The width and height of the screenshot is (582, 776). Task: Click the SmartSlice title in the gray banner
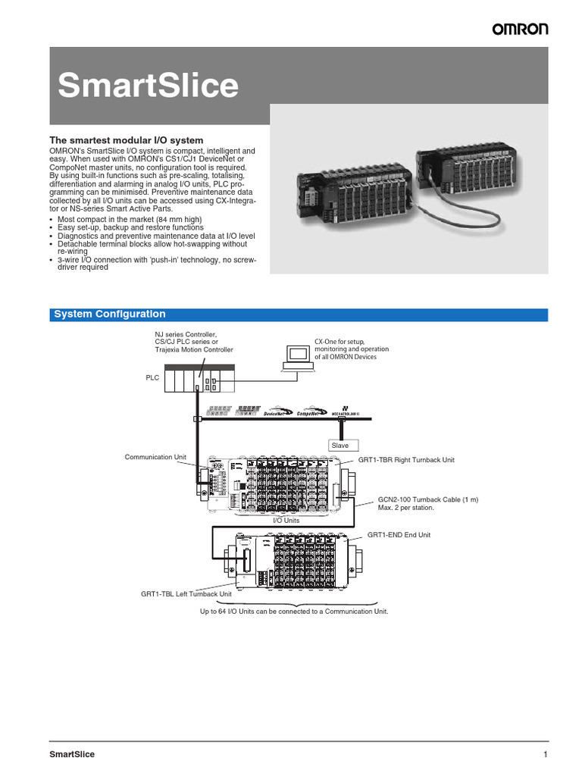click(x=149, y=86)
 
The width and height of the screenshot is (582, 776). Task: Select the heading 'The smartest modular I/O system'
click(x=127, y=140)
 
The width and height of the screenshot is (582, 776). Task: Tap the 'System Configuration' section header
click(x=110, y=314)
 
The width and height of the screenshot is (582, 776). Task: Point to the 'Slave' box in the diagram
click(x=339, y=446)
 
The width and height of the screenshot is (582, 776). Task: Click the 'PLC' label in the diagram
click(x=153, y=377)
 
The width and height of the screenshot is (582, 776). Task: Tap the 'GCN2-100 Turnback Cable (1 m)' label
click(x=428, y=500)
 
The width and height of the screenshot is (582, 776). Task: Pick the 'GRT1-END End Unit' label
click(x=399, y=535)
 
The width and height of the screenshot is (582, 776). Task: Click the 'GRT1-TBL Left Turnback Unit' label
click(x=186, y=595)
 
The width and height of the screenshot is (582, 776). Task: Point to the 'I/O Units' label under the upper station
click(x=286, y=521)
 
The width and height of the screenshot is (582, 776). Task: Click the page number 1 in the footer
click(x=545, y=754)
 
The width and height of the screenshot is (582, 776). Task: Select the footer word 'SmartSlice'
click(x=72, y=754)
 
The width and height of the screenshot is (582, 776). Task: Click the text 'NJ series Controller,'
click(x=186, y=333)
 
